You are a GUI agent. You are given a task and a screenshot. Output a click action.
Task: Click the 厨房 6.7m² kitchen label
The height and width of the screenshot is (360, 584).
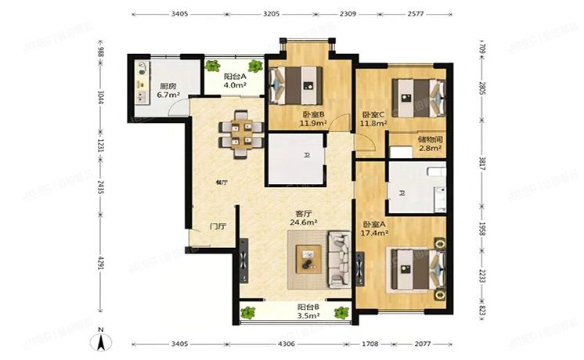[x=168, y=90]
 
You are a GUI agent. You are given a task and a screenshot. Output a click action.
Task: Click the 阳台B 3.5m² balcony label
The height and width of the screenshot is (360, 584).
[x=307, y=311]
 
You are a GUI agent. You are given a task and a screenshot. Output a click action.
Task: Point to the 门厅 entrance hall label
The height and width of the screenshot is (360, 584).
[x=218, y=226]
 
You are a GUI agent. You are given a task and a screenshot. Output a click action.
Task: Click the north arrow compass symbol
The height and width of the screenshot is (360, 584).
[x=100, y=342]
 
